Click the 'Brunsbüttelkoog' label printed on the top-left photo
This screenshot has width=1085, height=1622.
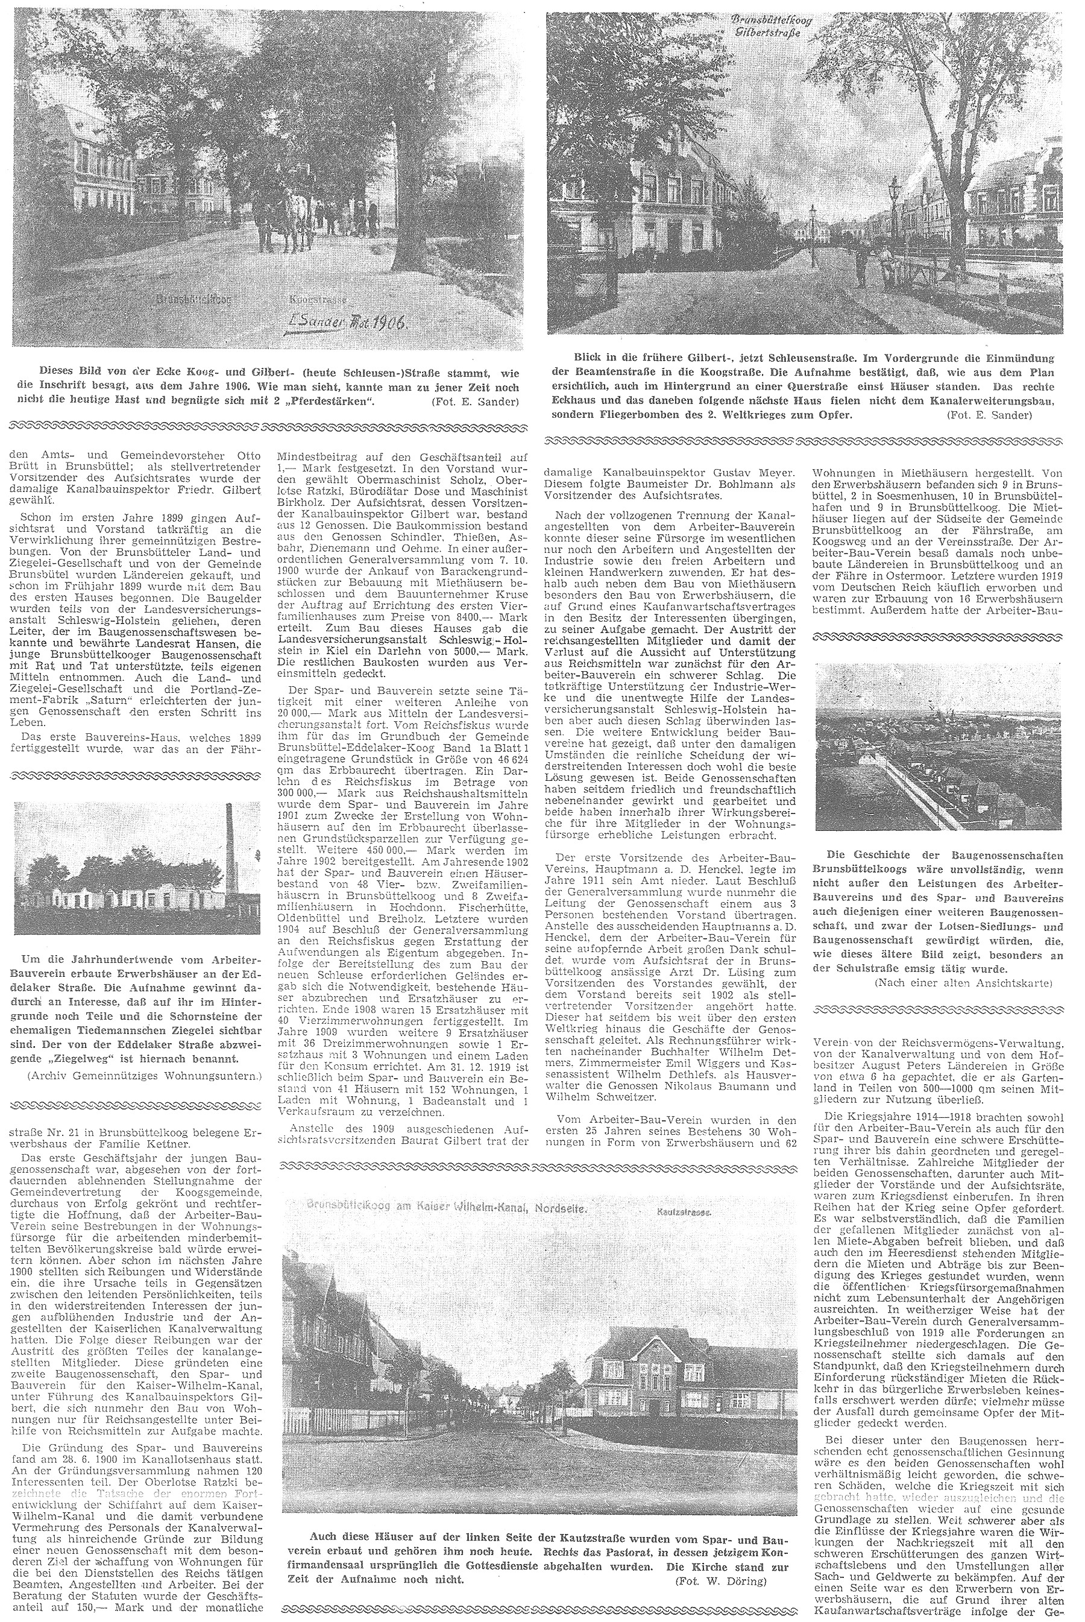(x=191, y=300)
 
